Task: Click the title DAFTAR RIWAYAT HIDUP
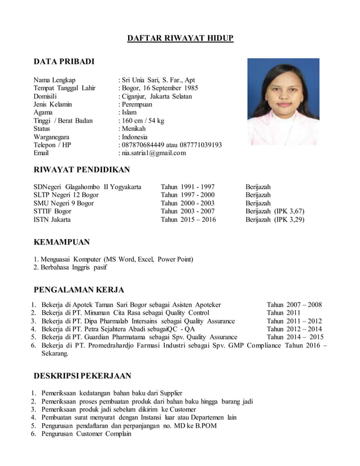coord(179,38)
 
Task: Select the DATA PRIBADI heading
coord(64,61)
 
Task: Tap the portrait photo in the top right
coord(283,102)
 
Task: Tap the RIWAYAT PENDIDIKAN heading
coord(82,170)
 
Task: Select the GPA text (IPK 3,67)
coord(289,211)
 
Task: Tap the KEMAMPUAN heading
coord(62,243)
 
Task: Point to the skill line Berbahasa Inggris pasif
coord(73,267)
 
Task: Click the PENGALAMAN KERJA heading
coord(79,291)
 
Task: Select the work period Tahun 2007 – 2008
coord(294,305)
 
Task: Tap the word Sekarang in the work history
coord(55,354)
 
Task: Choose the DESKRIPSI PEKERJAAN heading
coord(82,376)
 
